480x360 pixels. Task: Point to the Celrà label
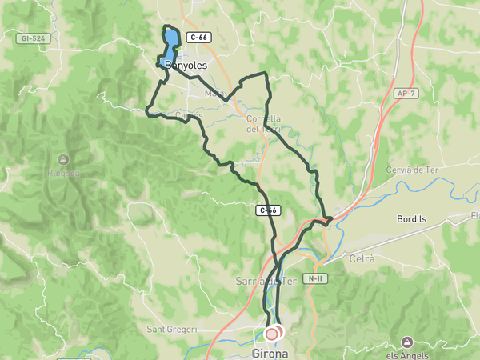click(362, 258)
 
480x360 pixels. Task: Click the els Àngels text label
click(408, 354)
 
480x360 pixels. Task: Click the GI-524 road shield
click(32, 38)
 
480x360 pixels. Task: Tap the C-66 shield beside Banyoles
click(198, 38)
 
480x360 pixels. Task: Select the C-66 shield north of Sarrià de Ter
click(267, 210)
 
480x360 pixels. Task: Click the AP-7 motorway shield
click(406, 94)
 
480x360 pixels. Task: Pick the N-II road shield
click(312, 280)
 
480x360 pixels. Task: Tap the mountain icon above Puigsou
click(63, 158)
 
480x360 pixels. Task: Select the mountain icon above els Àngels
click(407, 342)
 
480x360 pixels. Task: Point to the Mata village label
click(214, 93)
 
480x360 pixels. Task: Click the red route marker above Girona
click(272, 333)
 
